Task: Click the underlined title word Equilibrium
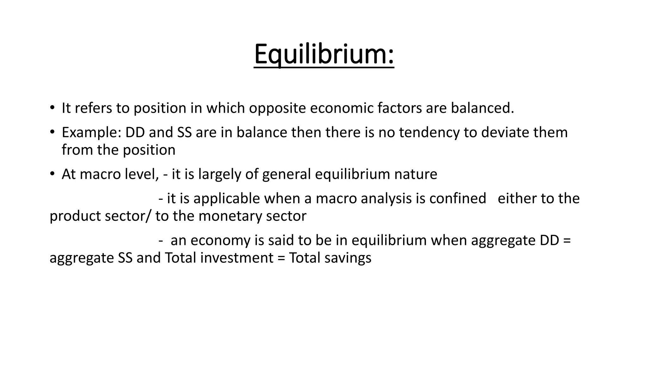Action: tap(324, 54)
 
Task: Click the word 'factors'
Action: tap(399, 108)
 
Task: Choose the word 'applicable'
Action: tap(227, 199)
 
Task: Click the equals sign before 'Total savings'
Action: tap(281, 258)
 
